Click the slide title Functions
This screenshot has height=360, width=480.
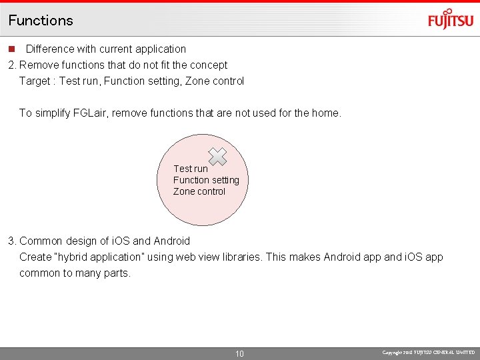point(41,20)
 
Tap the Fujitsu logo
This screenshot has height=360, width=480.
point(451,20)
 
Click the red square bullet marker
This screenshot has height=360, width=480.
point(11,49)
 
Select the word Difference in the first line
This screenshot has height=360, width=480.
point(50,49)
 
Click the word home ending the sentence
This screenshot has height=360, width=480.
point(325,113)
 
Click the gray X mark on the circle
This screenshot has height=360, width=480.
point(217,157)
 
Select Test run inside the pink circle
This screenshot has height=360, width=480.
point(191,169)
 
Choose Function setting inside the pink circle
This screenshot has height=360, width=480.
point(206,180)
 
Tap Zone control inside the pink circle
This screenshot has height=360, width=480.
point(199,191)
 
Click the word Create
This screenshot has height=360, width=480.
point(35,257)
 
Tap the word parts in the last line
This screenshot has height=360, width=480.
point(117,273)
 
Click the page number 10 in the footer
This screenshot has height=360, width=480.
point(240,353)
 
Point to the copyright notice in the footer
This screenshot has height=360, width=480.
point(429,352)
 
